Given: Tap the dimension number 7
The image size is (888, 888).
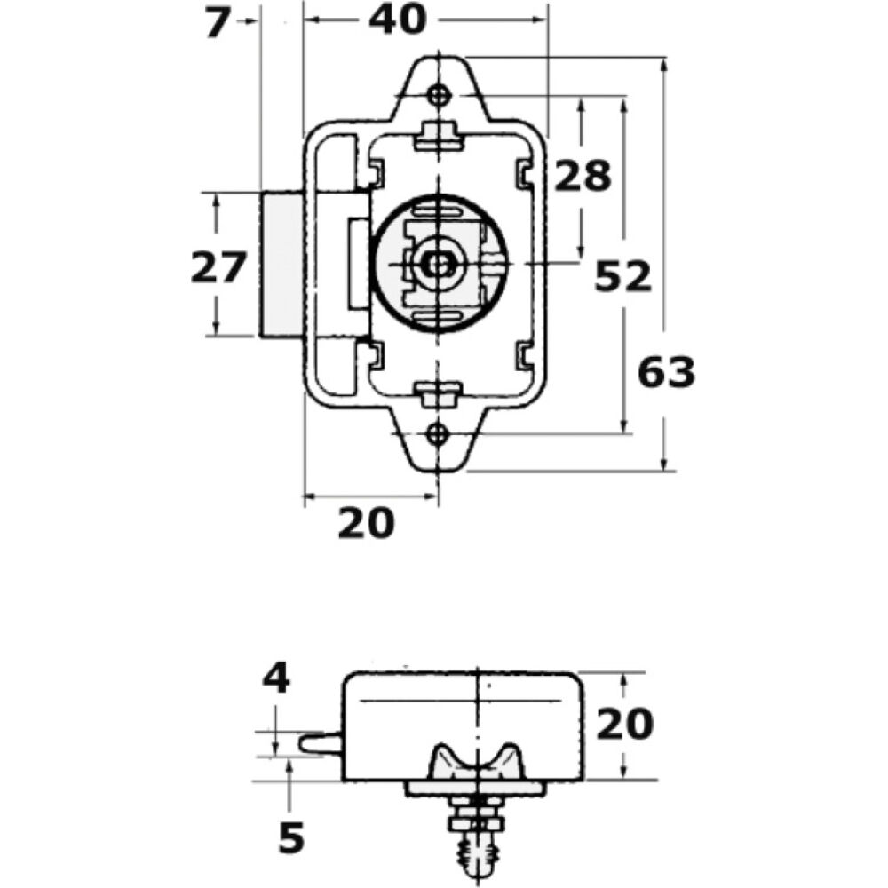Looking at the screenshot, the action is click(x=217, y=23).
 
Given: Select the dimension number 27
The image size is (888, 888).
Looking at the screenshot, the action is click(x=218, y=267).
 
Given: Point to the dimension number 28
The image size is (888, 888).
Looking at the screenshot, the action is click(x=583, y=176).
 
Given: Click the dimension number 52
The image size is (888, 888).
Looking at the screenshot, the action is click(x=622, y=277).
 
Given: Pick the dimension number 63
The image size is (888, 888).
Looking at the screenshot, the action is click(x=666, y=373).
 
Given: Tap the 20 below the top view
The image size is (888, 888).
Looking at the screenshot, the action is click(x=365, y=523).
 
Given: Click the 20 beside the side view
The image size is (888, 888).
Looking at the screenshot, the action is click(x=624, y=724).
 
